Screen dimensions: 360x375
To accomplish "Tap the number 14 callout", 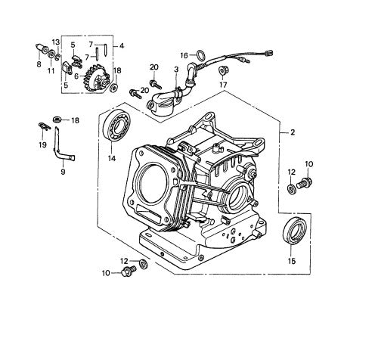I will tap(111, 158).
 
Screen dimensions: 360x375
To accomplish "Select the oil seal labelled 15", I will tap(293, 231).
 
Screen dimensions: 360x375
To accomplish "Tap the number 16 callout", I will tap(183, 55).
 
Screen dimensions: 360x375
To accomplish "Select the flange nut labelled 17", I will tap(224, 70).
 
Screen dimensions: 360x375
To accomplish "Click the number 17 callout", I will tap(222, 85).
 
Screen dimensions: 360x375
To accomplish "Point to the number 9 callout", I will tap(62, 172).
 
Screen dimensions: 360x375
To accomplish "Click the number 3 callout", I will tap(175, 70).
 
